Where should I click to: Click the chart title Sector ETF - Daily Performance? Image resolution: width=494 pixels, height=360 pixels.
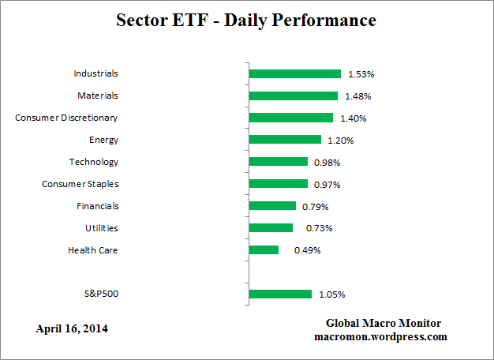pyautogui.click(x=247, y=20)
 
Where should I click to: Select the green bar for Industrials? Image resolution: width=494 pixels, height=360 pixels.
pyautogui.click(x=294, y=73)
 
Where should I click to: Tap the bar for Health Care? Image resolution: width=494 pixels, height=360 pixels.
pyautogui.click(x=264, y=250)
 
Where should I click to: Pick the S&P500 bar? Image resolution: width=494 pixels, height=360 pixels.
pyautogui.click(x=280, y=294)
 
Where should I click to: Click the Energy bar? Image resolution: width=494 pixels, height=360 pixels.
pyautogui.click(x=285, y=140)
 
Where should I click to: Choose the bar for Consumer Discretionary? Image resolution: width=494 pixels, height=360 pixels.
pyautogui.click(x=290, y=118)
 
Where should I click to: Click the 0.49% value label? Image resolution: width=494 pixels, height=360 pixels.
pyautogui.click(x=308, y=251)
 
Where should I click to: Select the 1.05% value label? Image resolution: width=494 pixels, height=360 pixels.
pyautogui.click(x=331, y=295)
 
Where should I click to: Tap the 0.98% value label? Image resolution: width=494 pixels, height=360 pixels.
pyautogui.click(x=327, y=163)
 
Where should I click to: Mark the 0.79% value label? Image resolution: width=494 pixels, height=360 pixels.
pyautogui.click(x=316, y=207)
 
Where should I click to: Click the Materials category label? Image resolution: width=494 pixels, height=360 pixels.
pyautogui.click(x=97, y=96)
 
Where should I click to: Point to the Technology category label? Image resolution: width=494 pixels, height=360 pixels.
pyautogui.click(x=94, y=162)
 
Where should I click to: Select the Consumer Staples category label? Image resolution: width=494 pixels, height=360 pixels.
pyautogui.click(x=80, y=184)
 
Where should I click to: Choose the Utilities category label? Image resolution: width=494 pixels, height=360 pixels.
pyautogui.click(x=101, y=228)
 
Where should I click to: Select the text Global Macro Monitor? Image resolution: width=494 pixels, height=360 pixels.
pyautogui.click(x=384, y=324)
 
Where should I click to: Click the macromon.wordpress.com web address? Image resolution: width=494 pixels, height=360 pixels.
pyautogui.click(x=380, y=336)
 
